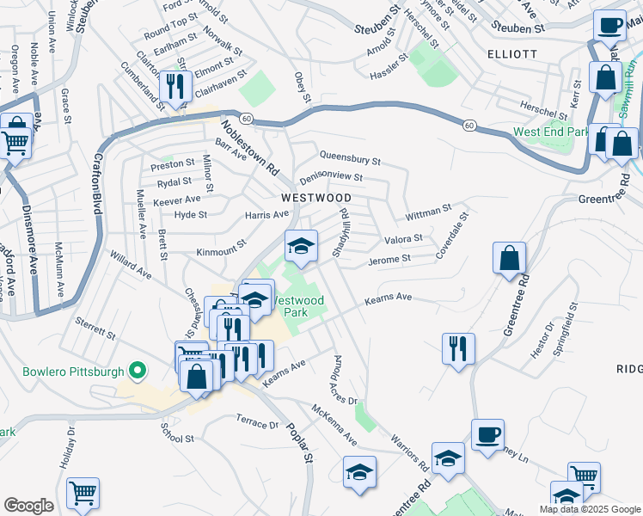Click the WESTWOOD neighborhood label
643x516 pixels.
point(315,198)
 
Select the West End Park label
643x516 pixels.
point(551,132)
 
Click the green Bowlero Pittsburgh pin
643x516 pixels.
point(136,372)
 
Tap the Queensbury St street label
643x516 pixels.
point(349,159)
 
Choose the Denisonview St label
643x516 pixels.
point(331,178)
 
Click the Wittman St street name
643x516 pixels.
point(429,210)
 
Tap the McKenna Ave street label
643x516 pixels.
point(334,425)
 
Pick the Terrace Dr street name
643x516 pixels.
point(257,421)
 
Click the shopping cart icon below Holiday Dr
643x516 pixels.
point(83,492)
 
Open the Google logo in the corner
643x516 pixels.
point(28,506)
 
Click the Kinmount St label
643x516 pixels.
point(222,252)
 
